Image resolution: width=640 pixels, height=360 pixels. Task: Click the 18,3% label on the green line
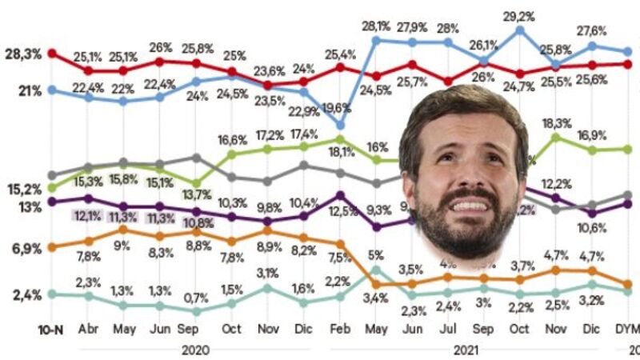coord(556,124)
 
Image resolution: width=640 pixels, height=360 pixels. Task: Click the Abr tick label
coord(88,329)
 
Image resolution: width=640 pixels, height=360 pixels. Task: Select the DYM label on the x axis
coord(626,329)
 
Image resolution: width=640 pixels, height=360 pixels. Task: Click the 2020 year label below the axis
coord(196,350)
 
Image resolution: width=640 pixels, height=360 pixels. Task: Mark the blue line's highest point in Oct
coord(520,30)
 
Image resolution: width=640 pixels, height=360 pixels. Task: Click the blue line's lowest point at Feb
coord(341,125)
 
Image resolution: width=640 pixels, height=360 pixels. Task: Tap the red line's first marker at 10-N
coord(52,54)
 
